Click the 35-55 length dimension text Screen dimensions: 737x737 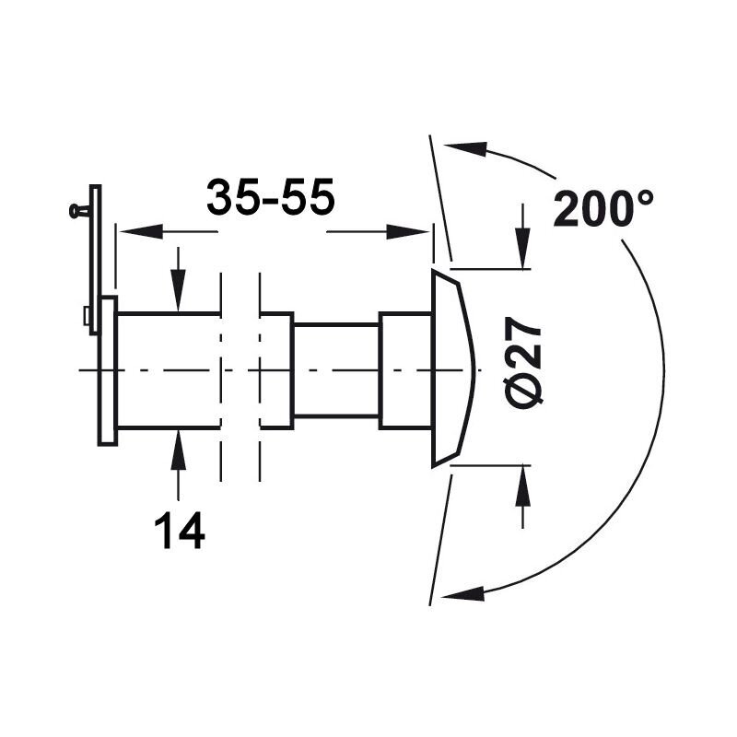point(270,197)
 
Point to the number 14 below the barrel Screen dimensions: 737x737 point(180,531)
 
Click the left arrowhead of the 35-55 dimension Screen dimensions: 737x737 point(140,231)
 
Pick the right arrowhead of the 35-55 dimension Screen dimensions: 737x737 point(407,231)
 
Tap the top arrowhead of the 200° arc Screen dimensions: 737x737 point(465,147)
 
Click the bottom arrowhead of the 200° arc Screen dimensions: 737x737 point(463,593)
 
